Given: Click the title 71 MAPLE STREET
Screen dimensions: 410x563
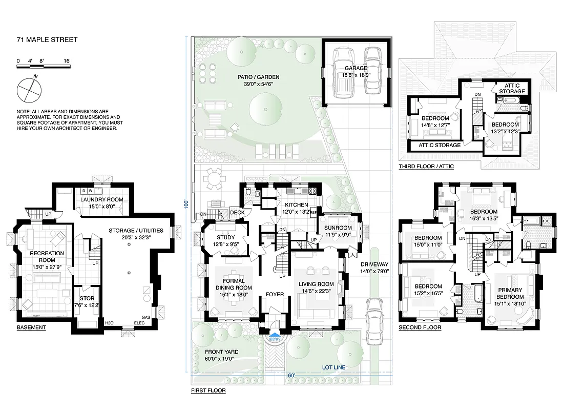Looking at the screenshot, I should pyautogui.click(x=47, y=40).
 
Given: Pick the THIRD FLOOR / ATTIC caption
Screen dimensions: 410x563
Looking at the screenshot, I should pyautogui.click(x=426, y=167).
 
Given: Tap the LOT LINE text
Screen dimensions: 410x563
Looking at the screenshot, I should pyautogui.click(x=333, y=367).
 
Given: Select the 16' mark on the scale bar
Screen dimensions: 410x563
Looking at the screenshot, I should pyautogui.click(x=67, y=61).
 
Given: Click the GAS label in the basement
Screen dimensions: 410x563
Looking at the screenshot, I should pyautogui.click(x=145, y=318).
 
